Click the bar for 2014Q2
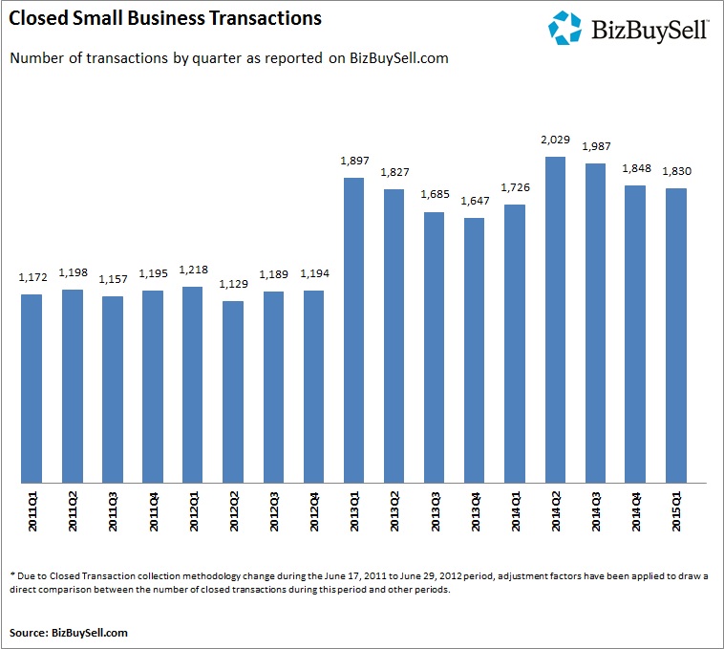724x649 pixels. click(x=555, y=320)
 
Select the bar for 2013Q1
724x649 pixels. click(x=353, y=331)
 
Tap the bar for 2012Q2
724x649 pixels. click(x=233, y=392)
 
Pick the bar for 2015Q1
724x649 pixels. click(x=675, y=335)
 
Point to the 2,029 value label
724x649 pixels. click(x=555, y=141)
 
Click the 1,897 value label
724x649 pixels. click(x=353, y=162)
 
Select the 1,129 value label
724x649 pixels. click(x=233, y=285)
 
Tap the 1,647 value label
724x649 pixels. click(x=474, y=202)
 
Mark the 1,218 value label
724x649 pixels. click(x=193, y=270)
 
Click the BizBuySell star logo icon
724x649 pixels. click(x=565, y=28)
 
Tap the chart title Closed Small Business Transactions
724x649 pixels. click(x=165, y=18)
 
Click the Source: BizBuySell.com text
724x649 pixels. click(x=69, y=632)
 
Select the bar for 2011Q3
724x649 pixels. click(x=113, y=390)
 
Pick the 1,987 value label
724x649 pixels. click(x=595, y=147)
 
